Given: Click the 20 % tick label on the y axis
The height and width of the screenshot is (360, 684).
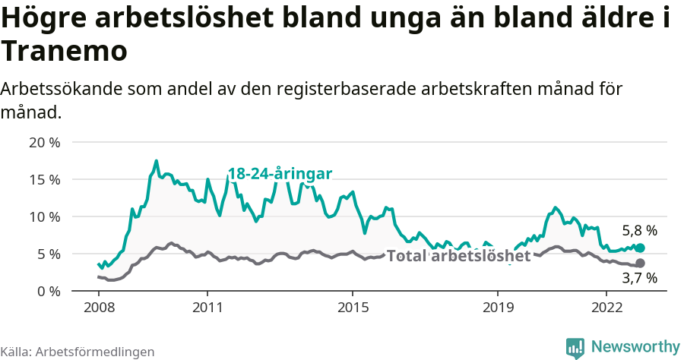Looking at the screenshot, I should point(45,143).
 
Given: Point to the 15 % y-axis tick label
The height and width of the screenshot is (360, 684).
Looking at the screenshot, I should point(45,180).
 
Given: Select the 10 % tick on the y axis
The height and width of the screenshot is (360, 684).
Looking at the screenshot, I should point(45,217).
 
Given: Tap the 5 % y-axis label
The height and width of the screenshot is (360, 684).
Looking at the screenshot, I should point(48,254).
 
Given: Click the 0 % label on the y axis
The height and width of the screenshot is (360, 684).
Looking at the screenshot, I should point(48,292).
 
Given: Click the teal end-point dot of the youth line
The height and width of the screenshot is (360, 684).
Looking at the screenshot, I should point(640,248).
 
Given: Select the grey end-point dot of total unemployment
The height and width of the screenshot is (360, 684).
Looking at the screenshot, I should point(640,264).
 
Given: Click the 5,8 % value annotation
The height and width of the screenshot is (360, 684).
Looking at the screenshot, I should point(639,230).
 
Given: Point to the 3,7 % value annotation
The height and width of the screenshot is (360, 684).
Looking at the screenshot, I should point(639,279).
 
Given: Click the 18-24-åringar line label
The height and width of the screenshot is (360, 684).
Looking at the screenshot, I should point(280,174).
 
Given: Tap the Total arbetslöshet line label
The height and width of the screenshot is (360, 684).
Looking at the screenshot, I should point(458,256).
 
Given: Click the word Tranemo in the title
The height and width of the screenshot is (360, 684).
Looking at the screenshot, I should point(63,52).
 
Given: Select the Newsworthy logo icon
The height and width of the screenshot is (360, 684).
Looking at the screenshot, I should point(575,347).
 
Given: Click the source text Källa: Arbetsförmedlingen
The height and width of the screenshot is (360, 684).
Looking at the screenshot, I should point(78,352).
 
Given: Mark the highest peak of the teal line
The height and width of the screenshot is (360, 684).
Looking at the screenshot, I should point(157,161).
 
